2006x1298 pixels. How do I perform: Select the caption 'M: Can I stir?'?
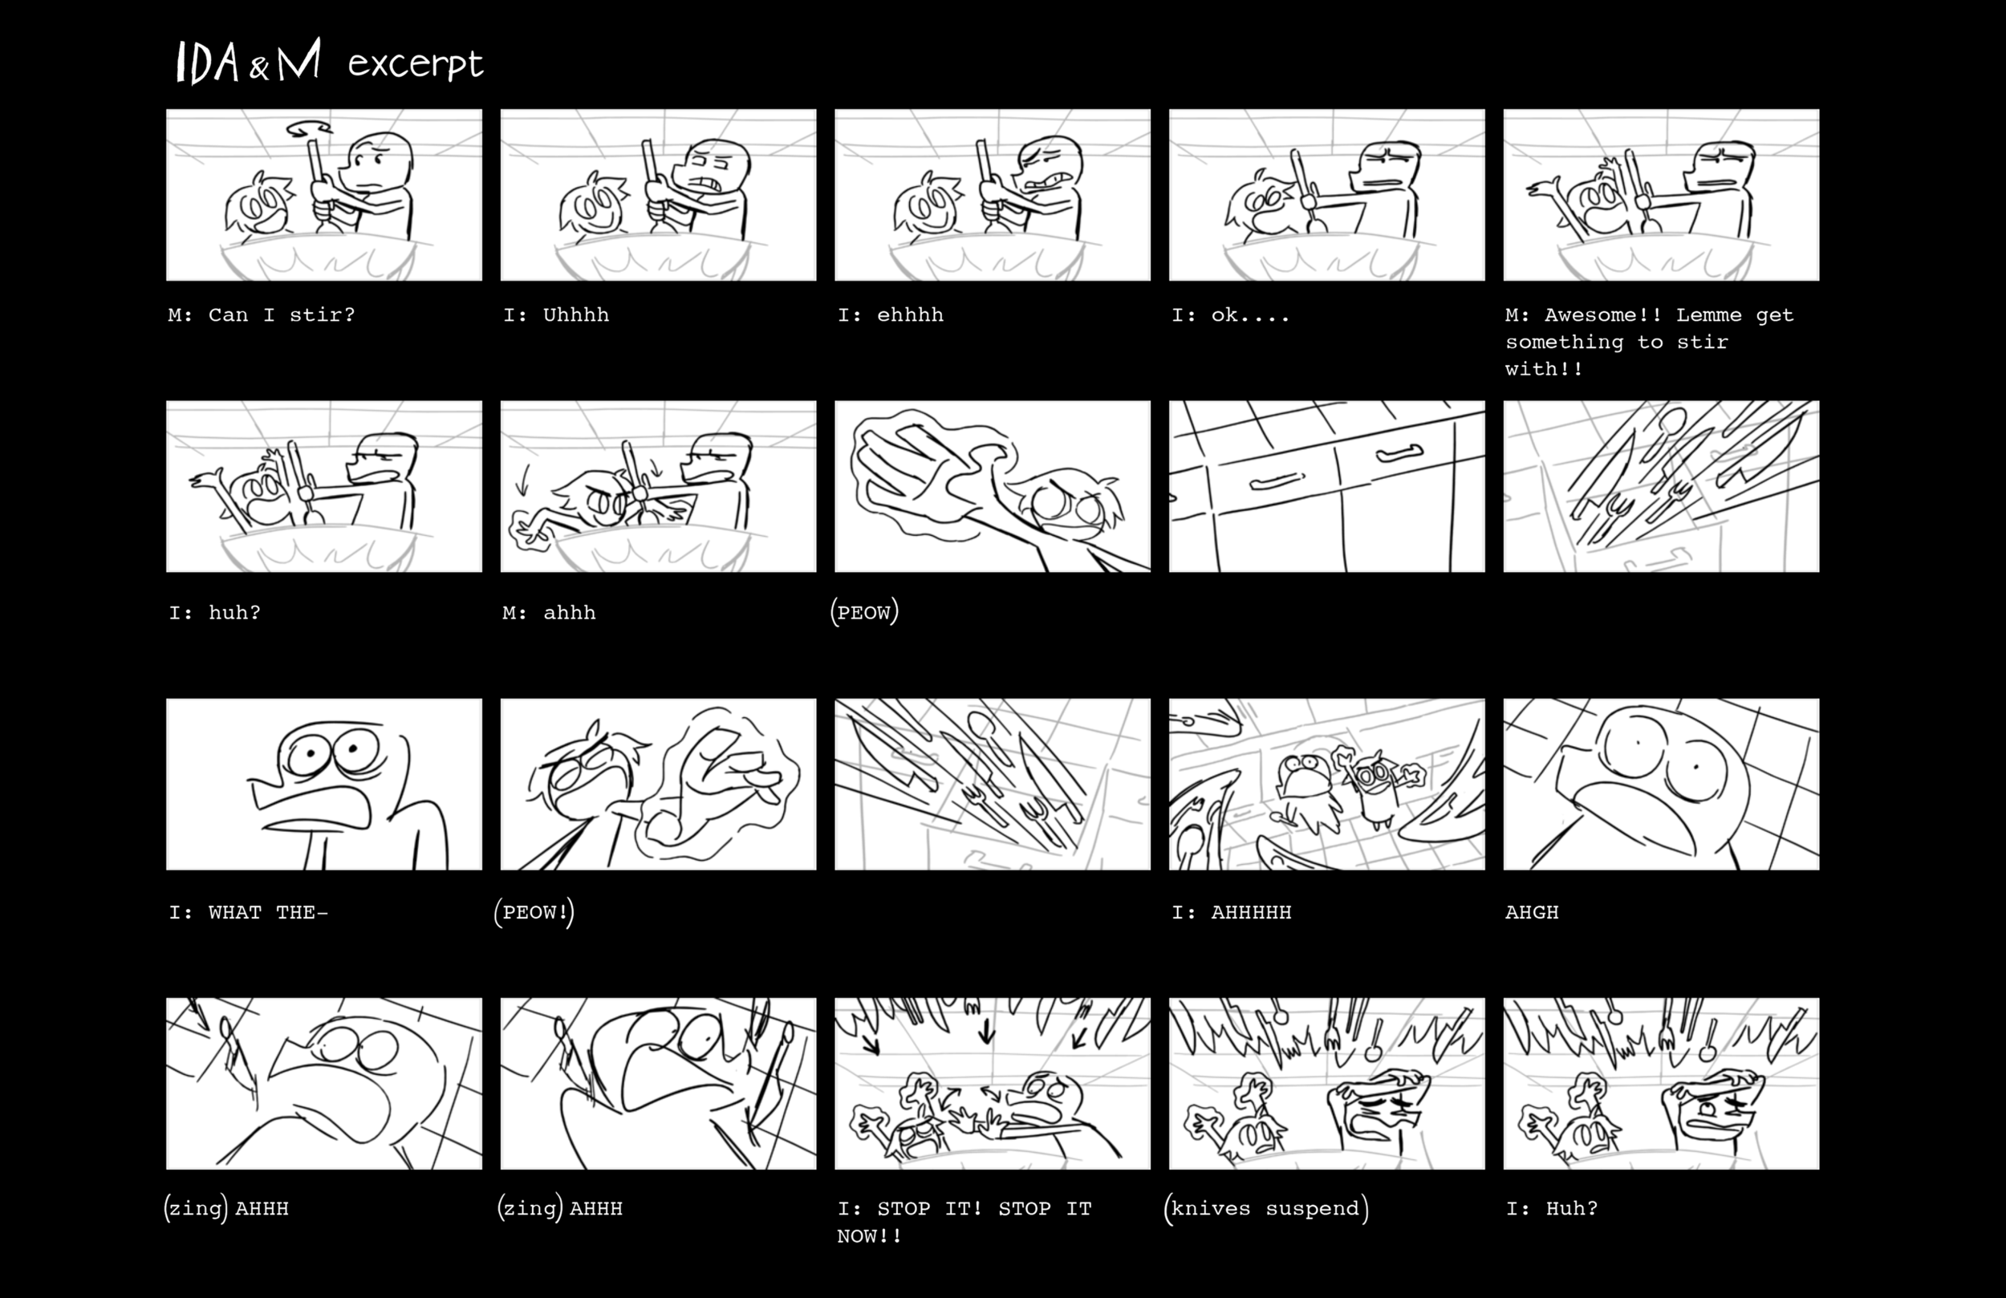click(262, 315)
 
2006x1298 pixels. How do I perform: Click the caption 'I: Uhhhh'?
click(555, 315)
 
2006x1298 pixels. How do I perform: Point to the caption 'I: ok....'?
click(1230, 315)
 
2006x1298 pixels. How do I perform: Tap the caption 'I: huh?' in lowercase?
click(214, 613)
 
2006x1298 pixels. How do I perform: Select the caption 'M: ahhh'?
click(549, 613)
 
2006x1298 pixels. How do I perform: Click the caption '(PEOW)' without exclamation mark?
click(864, 612)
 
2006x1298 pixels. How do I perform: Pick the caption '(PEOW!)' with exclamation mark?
click(534, 912)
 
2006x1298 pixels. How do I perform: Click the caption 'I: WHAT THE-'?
click(248, 912)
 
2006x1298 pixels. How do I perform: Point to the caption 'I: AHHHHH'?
click(1231, 912)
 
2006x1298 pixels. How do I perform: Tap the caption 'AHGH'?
click(1532, 912)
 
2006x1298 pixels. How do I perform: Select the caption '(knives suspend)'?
click(1266, 1209)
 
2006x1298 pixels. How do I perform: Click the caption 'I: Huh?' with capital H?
click(1551, 1209)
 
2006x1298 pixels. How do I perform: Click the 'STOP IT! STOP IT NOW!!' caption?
click(964, 1222)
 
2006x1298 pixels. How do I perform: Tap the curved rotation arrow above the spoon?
click(307, 129)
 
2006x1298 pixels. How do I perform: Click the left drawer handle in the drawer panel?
click(1277, 482)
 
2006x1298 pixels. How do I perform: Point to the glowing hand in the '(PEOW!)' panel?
click(717, 784)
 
